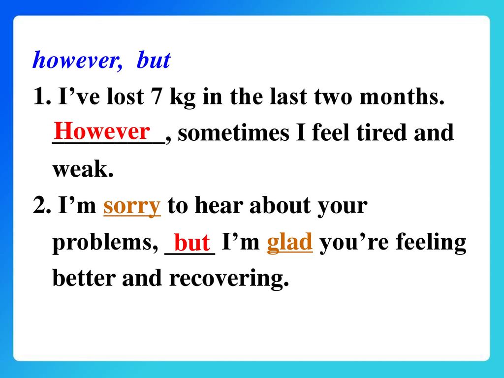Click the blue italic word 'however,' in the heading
[x=77, y=60]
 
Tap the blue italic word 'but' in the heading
[x=154, y=60]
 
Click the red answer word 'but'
[x=192, y=243]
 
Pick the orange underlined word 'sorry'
[x=132, y=206]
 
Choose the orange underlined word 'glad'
[x=289, y=242]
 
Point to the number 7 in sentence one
[x=156, y=96]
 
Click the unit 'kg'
[x=182, y=97]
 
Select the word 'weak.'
[x=83, y=169]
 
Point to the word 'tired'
[x=381, y=132]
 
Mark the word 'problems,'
[x=105, y=243]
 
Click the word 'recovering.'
[x=229, y=279]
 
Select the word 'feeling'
[x=431, y=243]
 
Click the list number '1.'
[x=42, y=96]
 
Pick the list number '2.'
[x=42, y=205]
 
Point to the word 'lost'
[x=125, y=96]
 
